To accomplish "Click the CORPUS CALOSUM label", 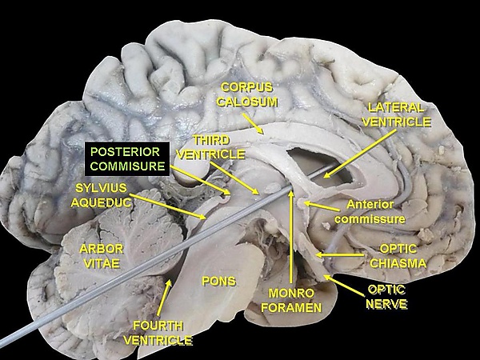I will tap(248, 94).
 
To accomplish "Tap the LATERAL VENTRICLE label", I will tap(397, 114).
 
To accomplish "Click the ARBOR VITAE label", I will tap(102, 255).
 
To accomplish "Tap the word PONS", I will tap(218, 281).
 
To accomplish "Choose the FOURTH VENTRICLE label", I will tap(158, 333).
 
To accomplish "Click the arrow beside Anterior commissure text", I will tap(322, 206).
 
